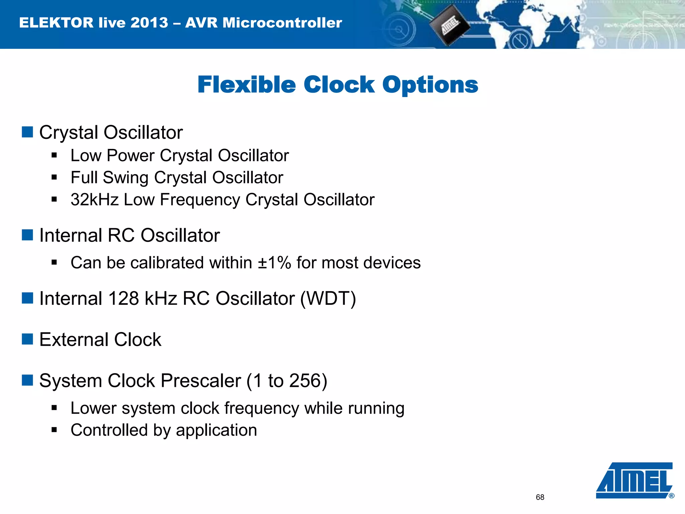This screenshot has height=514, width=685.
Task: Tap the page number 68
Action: point(540,497)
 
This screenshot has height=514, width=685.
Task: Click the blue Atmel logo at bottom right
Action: point(634,481)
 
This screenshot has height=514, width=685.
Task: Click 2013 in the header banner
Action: point(149,23)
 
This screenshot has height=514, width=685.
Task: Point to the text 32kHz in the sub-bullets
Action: point(95,200)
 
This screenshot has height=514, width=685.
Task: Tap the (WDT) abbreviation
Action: point(328,298)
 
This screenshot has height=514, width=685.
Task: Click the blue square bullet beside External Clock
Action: point(27,339)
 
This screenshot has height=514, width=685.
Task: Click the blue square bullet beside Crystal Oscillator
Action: point(27,132)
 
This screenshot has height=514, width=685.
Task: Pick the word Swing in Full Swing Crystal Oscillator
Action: point(125,178)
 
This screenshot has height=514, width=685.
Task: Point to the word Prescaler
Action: point(201,381)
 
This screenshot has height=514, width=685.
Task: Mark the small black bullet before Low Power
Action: point(54,155)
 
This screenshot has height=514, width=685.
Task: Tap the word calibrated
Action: point(167,263)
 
